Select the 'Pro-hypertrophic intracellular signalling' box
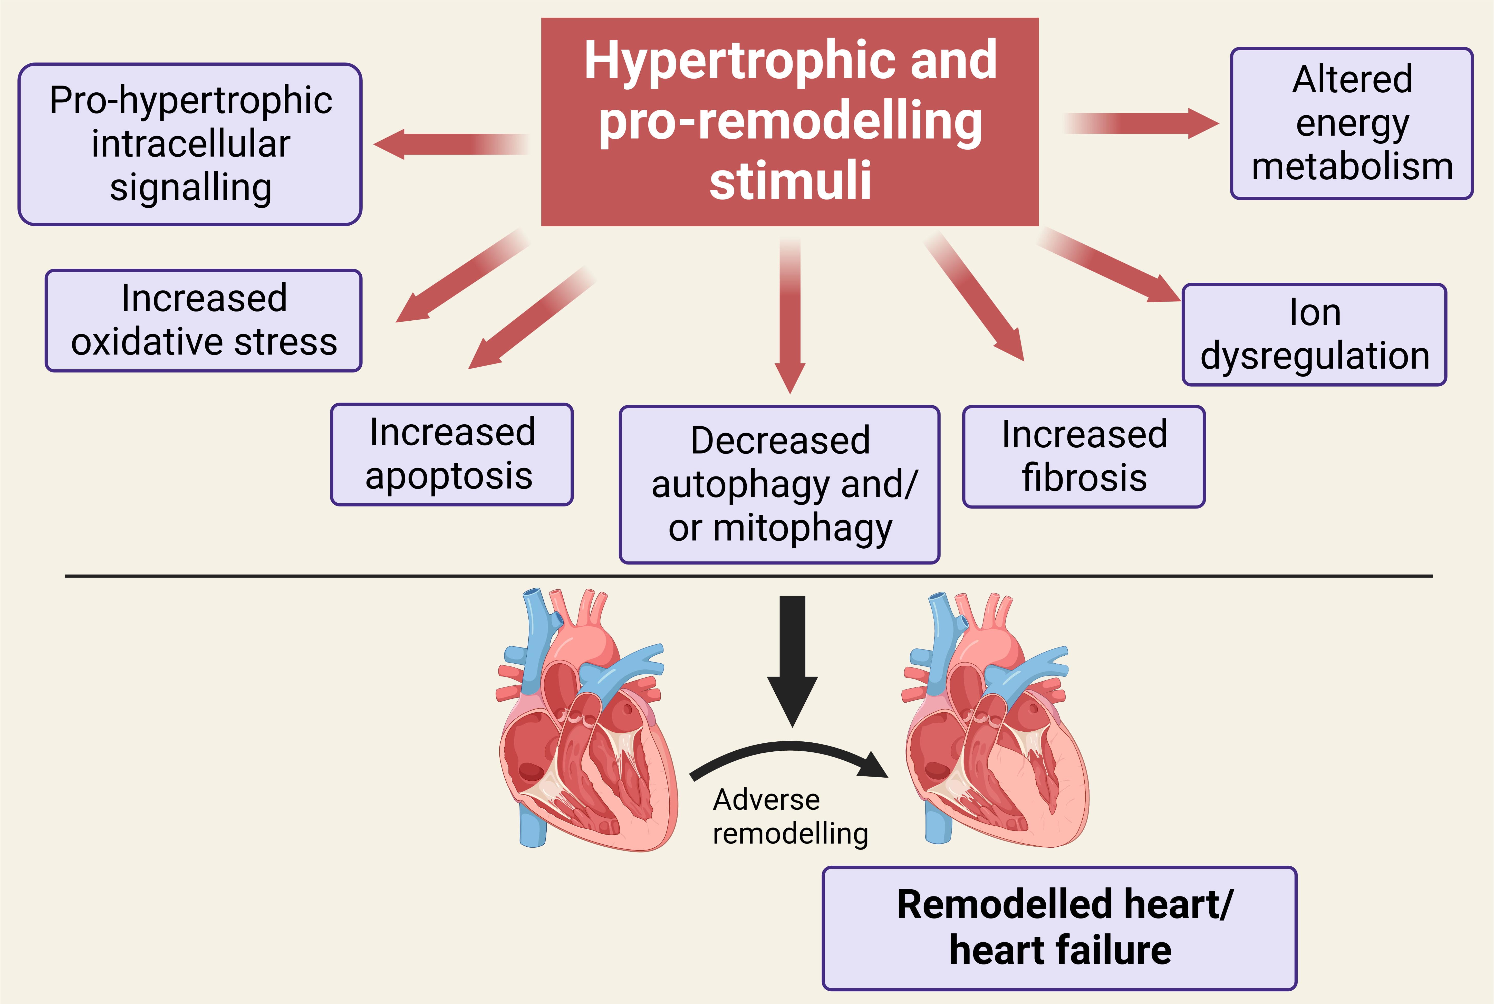(190, 144)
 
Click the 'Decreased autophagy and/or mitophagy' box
(779, 485)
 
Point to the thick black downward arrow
(793, 659)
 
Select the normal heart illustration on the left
(586, 724)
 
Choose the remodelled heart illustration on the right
(995, 724)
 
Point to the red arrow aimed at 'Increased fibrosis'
(976, 298)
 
